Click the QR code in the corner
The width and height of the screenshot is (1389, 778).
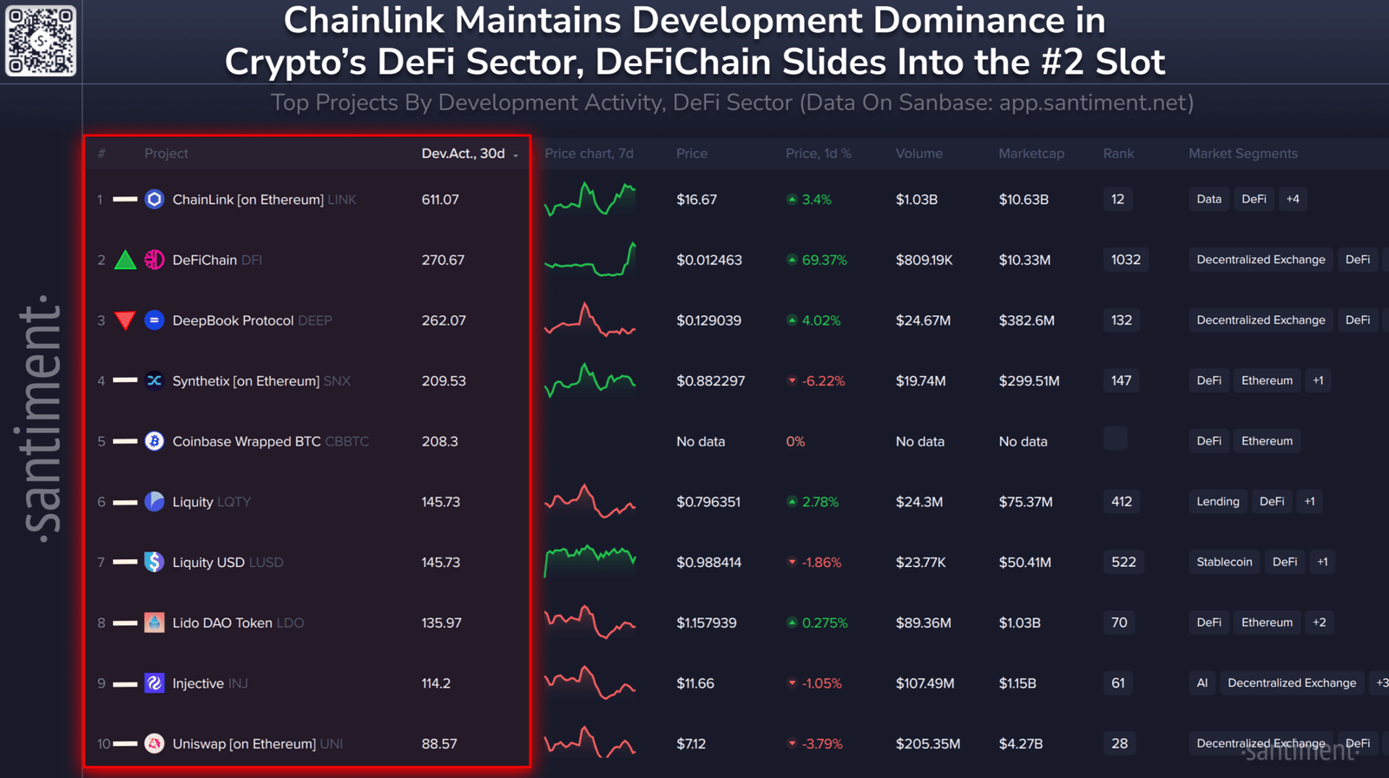coord(41,41)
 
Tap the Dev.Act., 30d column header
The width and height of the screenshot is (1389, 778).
coord(464,154)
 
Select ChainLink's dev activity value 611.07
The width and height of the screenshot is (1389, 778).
coord(440,200)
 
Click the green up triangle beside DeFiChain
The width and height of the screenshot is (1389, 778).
coord(125,260)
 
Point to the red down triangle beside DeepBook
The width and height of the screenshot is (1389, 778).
coord(125,320)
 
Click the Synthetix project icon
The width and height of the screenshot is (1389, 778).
coord(155,380)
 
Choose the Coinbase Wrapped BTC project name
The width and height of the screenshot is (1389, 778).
coord(247,441)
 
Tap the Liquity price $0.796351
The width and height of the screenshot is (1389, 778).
coord(708,502)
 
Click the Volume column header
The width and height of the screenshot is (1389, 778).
coord(918,154)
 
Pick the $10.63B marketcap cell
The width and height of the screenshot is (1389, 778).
coord(1024,200)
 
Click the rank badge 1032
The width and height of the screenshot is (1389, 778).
coord(1125,260)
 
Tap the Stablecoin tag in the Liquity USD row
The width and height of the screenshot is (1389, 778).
coord(1224,562)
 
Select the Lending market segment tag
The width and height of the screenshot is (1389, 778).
coord(1218,501)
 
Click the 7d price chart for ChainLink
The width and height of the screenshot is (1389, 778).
coord(589,199)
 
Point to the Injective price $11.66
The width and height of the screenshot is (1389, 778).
coord(695,683)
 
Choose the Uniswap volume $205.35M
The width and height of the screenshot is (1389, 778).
coord(928,744)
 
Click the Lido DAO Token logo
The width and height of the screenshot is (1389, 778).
coord(155,623)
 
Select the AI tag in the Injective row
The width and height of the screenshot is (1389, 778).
coord(1202,682)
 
